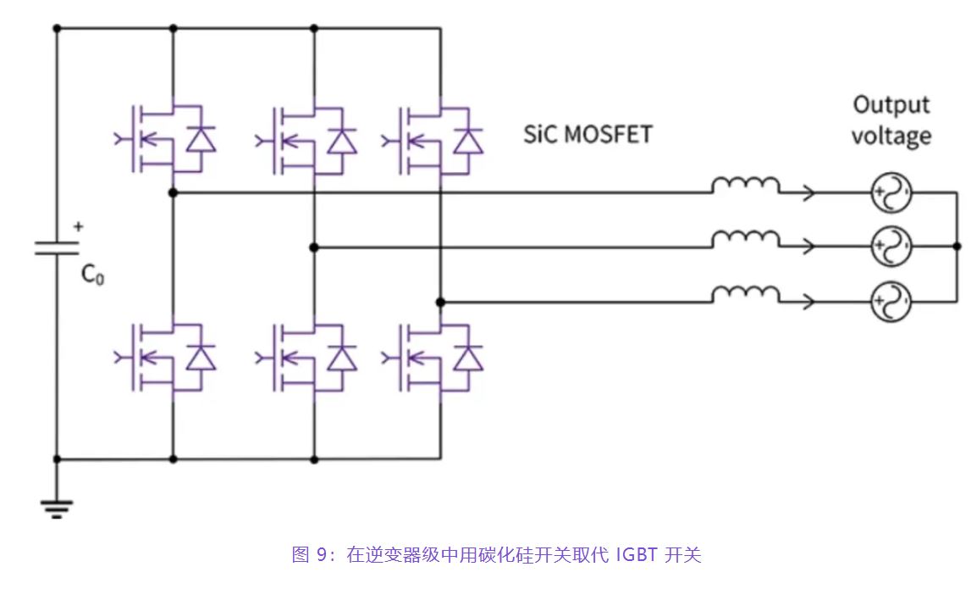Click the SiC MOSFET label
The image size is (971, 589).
[588, 134]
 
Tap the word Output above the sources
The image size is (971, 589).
[891, 105]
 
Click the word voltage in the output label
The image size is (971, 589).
[891, 136]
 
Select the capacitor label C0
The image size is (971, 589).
[92, 275]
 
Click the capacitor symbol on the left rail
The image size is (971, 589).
[57, 247]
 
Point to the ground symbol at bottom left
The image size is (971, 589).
[57, 508]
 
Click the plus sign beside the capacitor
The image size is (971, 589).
[79, 226]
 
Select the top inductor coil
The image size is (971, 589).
[745, 186]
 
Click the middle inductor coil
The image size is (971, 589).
[745, 241]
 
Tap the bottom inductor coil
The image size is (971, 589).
[745, 294]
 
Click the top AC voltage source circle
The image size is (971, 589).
[891, 194]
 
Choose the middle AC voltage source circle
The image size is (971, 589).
[891, 248]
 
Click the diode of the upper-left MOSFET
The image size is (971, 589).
[201, 140]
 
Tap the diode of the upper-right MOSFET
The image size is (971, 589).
[467, 140]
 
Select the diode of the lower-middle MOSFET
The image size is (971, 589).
[341, 358]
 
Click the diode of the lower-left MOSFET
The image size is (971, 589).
[201, 358]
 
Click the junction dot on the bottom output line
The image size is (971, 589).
[440, 302]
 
